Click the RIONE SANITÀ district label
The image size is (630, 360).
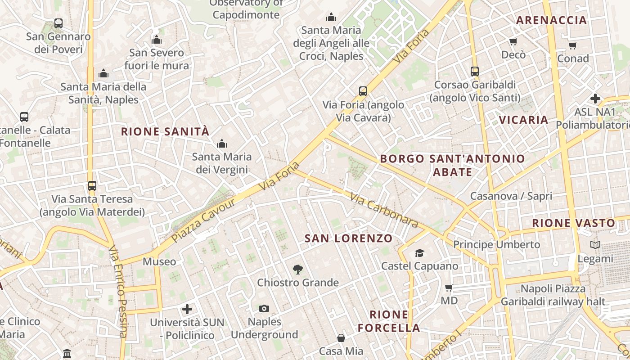165,131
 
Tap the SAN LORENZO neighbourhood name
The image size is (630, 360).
348,238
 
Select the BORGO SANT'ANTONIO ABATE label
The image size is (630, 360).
452,165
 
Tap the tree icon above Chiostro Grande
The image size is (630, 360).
297,270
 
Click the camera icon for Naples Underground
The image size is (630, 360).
264,308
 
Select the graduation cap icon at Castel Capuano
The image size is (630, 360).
419,253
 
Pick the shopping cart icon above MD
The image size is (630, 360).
449,288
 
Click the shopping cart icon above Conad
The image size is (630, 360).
572,45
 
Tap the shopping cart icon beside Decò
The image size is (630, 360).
513,42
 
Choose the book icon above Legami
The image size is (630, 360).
595,245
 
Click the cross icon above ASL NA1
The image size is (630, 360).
595,99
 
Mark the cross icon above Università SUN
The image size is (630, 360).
187,309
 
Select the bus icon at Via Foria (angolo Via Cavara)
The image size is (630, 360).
363,91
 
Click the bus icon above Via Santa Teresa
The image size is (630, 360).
92,185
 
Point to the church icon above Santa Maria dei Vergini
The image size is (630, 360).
221,144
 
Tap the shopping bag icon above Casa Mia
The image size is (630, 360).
341,337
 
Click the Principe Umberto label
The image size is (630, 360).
496,244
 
